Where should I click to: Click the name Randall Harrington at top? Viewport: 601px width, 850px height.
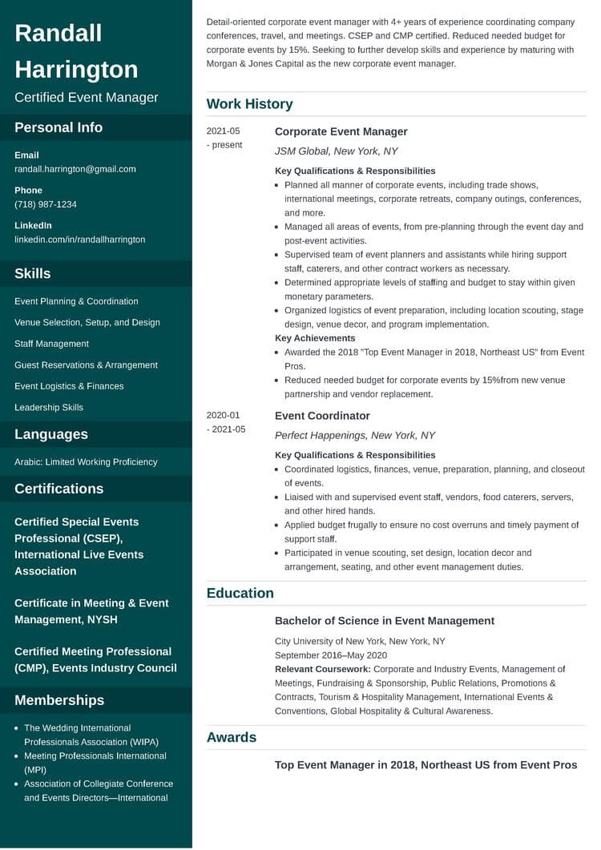coord(76,51)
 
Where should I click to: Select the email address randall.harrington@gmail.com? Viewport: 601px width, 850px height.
coord(75,169)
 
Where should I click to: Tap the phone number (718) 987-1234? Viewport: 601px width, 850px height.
coord(46,204)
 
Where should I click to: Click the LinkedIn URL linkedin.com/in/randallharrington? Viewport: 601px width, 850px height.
coord(80,240)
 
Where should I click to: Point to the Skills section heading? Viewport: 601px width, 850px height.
coord(33,273)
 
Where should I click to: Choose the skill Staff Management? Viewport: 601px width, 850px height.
coord(51,344)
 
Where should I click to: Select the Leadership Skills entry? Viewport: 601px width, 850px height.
coord(49,407)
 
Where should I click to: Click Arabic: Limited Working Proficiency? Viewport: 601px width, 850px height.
coord(86,461)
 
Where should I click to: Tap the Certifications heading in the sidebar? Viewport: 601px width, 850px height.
coord(58,489)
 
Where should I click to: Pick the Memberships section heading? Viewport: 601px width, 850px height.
coord(59,700)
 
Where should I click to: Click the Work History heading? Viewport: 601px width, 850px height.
coord(249,104)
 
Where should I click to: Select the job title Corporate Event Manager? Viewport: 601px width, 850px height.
coord(341,131)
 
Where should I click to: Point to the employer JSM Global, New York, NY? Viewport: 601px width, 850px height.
coord(336,151)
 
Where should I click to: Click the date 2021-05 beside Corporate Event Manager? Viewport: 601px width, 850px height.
coord(223,131)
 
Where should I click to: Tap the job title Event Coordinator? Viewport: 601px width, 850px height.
coord(322,416)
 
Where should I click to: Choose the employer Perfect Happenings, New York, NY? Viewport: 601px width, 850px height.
coord(354,435)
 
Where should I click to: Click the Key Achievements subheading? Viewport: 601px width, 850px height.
coord(315,338)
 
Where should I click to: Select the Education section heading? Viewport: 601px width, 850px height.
coord(240,594)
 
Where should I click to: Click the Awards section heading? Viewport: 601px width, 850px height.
coord(232,737)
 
